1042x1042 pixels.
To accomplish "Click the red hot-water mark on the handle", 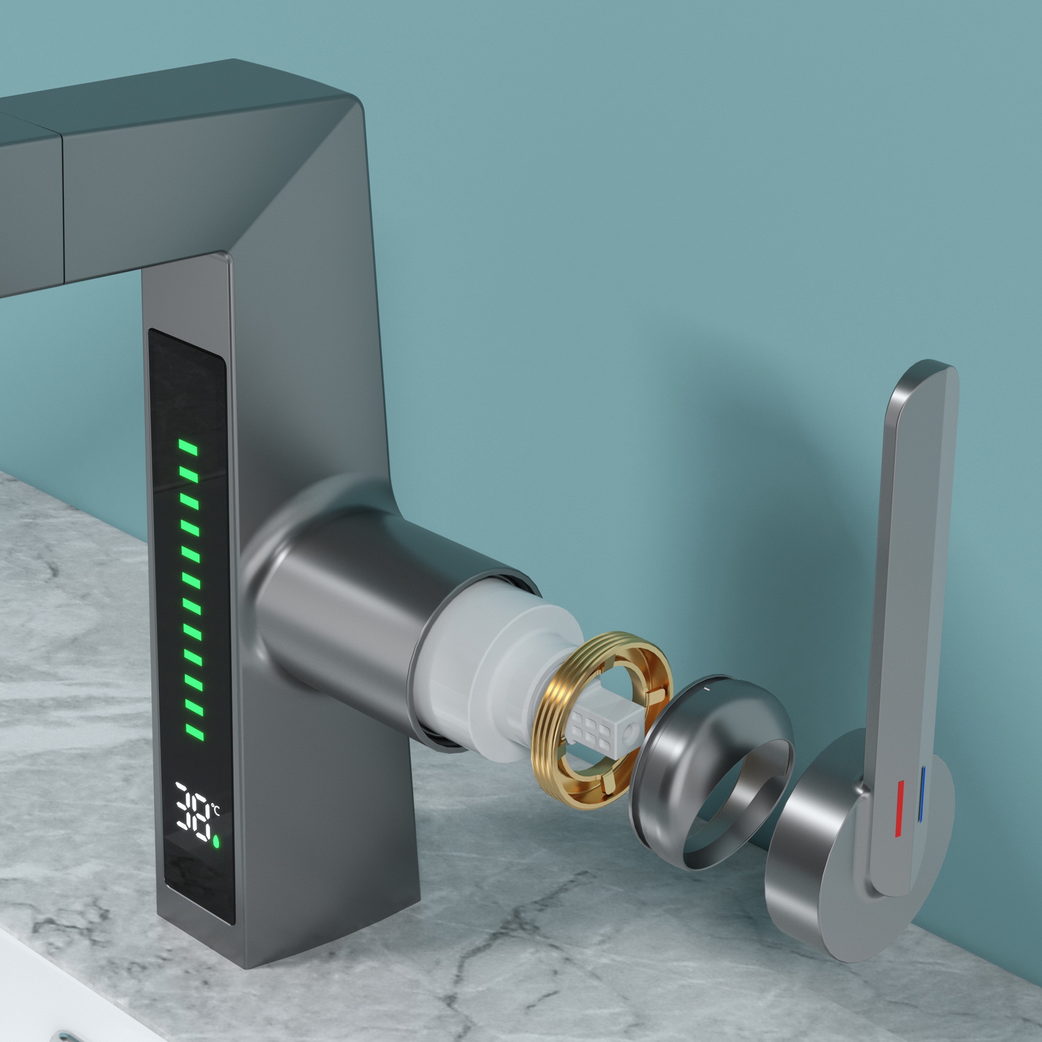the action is pos(899,808).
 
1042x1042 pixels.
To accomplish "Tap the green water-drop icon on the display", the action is pos(216,841).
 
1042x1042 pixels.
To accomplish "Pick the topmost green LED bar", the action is pos(188,447).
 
